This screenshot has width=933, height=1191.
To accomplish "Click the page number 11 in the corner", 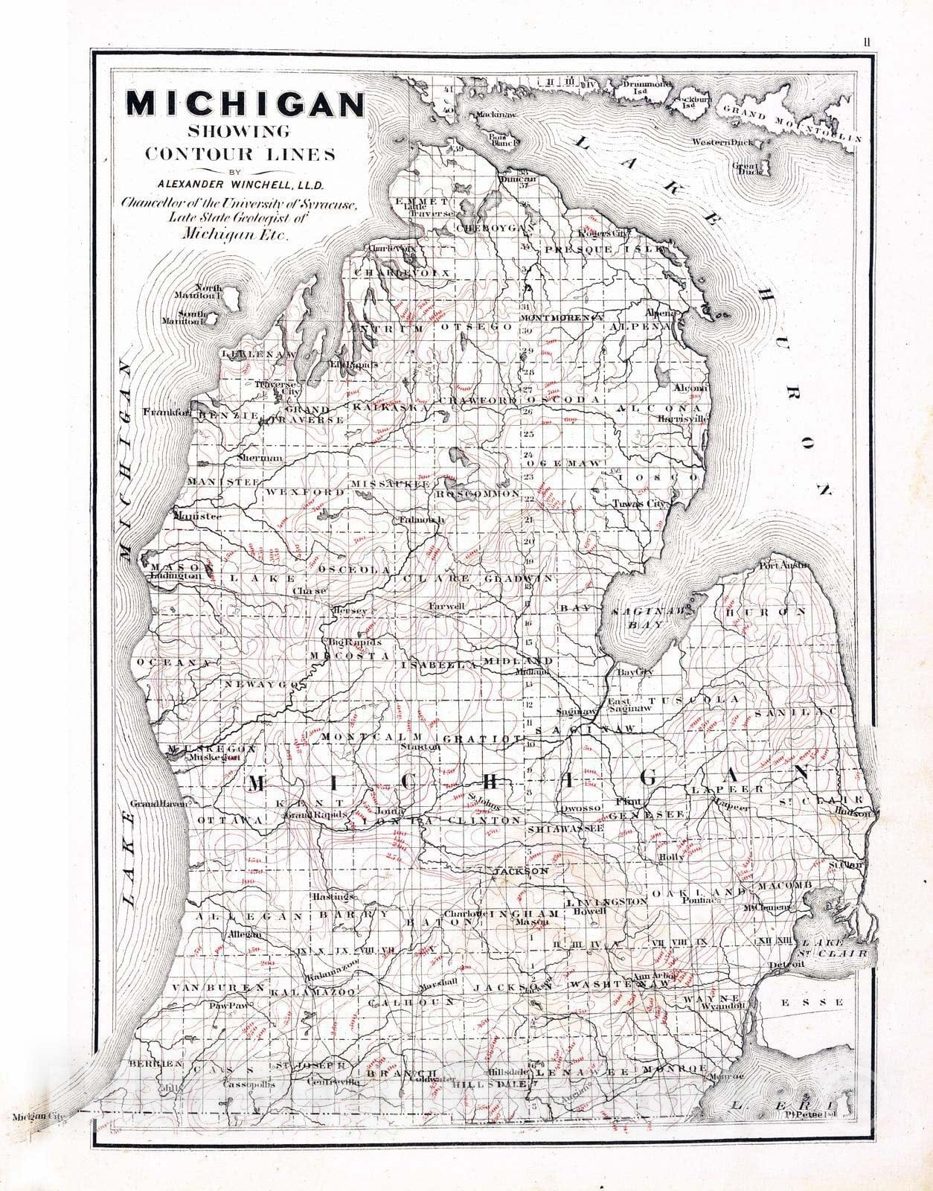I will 868,42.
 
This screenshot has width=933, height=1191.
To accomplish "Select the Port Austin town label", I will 783,566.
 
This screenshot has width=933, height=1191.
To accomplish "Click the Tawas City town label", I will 641,504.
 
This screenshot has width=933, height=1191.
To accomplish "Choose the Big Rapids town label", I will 354,642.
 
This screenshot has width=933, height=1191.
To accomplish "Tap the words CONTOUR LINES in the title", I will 240,154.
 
